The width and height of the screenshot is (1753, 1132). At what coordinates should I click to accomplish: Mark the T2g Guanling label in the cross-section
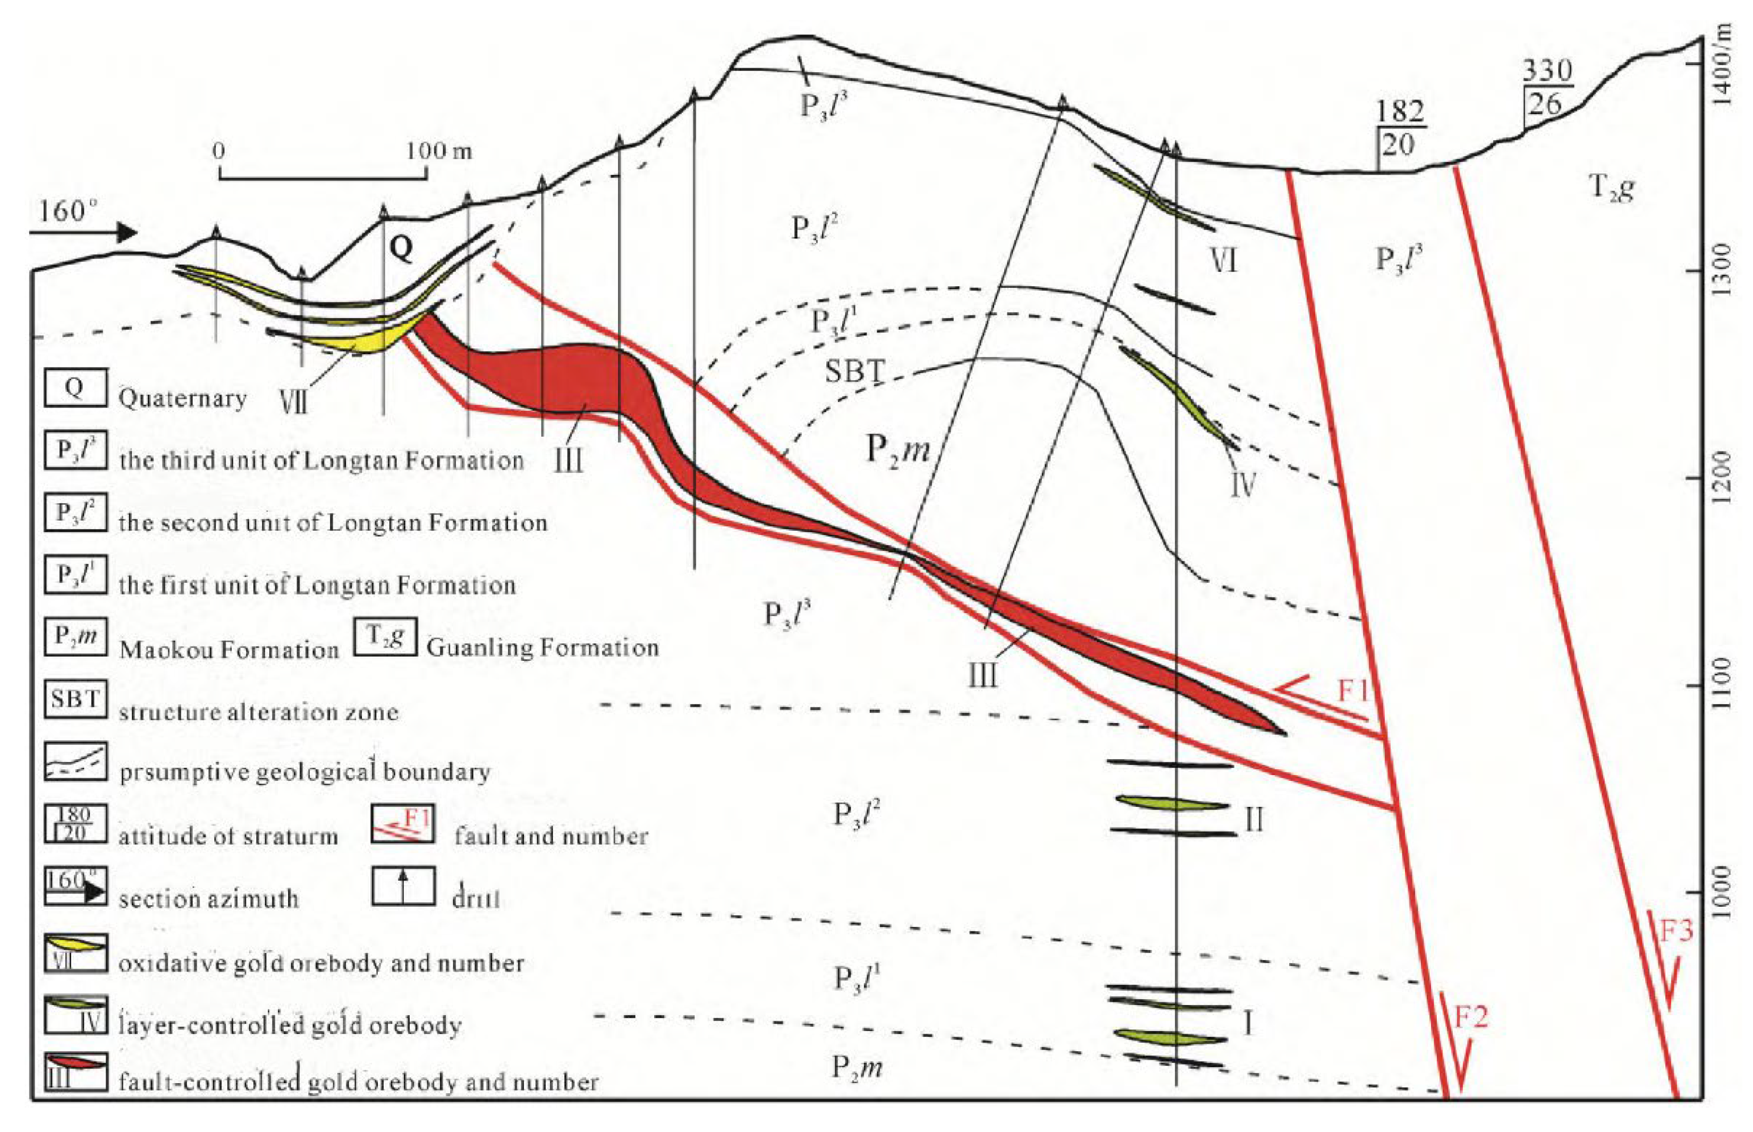(x=1611, y=188)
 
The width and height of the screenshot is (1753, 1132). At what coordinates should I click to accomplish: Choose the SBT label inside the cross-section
(x=853, y=371)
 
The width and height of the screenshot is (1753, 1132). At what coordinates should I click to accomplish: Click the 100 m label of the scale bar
(x=440, y=151)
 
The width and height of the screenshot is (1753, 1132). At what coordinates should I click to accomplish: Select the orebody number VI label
(x=1223, y=260)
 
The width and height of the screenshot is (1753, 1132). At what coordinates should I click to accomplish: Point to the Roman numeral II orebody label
(x=1254, y=818)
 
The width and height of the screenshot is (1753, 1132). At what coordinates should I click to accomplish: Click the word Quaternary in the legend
(x=182, y=398)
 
